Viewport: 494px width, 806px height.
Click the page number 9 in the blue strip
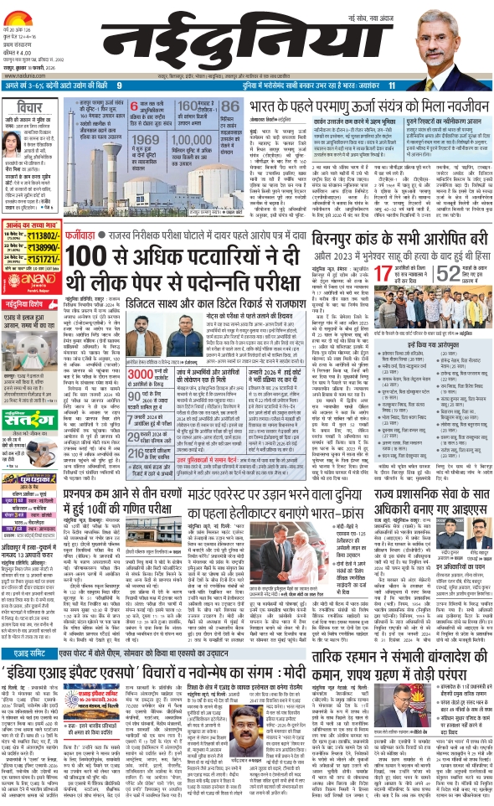[119, 85]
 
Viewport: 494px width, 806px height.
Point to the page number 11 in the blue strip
[390, 85]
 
